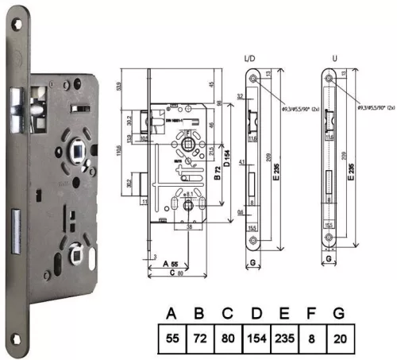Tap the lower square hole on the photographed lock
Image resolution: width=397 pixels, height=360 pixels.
[79, 255]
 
